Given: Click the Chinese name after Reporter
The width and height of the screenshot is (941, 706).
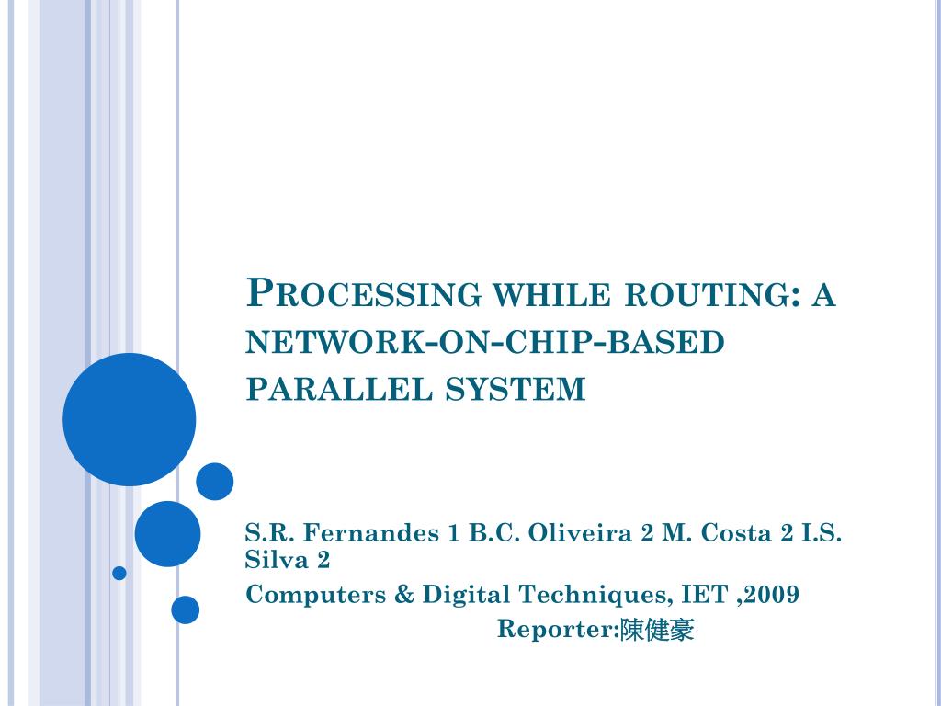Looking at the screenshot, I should pyautogui.click(x=658, y=631).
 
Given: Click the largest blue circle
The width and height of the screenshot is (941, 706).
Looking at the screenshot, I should pyautogui.click(x=129, y=419).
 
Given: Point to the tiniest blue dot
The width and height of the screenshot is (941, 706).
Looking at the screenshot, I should pyautogui.click(x=119, y=573).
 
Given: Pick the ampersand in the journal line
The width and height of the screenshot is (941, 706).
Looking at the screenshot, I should pyautogui.click(x=405, y=596).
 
